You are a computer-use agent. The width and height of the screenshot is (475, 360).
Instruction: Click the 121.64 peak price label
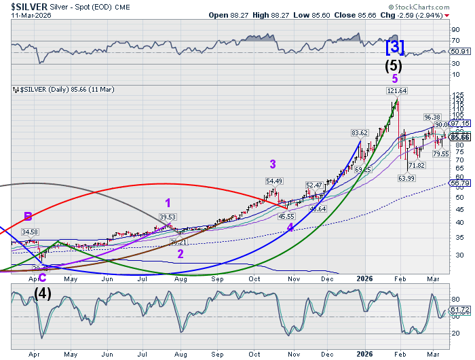(397, 90)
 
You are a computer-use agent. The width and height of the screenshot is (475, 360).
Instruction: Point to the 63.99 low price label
(406, 178)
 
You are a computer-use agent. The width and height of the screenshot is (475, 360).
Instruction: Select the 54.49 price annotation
(274, 181)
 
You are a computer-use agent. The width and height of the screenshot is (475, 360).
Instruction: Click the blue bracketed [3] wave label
(396, 47)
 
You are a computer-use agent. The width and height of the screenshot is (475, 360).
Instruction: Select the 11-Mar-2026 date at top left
(22, 14)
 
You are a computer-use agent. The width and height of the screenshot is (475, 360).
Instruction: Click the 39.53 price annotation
(167, 217)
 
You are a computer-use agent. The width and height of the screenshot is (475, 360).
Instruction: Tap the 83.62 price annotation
(359, 132)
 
